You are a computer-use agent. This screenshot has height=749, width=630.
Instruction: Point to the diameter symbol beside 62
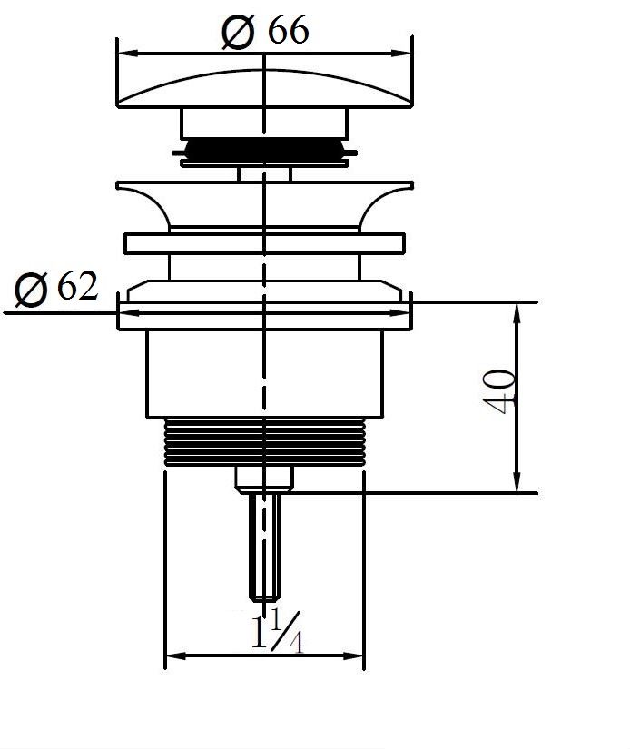[x=32, y=291]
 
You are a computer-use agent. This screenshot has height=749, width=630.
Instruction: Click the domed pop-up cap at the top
[x=263, y=86]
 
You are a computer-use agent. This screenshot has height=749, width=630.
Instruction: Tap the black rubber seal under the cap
[x=263, y=149]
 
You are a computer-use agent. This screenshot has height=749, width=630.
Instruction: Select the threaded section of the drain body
[x=263, y=443]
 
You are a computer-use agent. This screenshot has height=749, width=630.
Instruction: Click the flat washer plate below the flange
[x=263, y=244]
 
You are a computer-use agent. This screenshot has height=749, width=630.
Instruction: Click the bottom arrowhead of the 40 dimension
[x=517, y=485]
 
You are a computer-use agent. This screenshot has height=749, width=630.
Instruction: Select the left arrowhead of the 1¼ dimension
[x=173, y=655]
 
